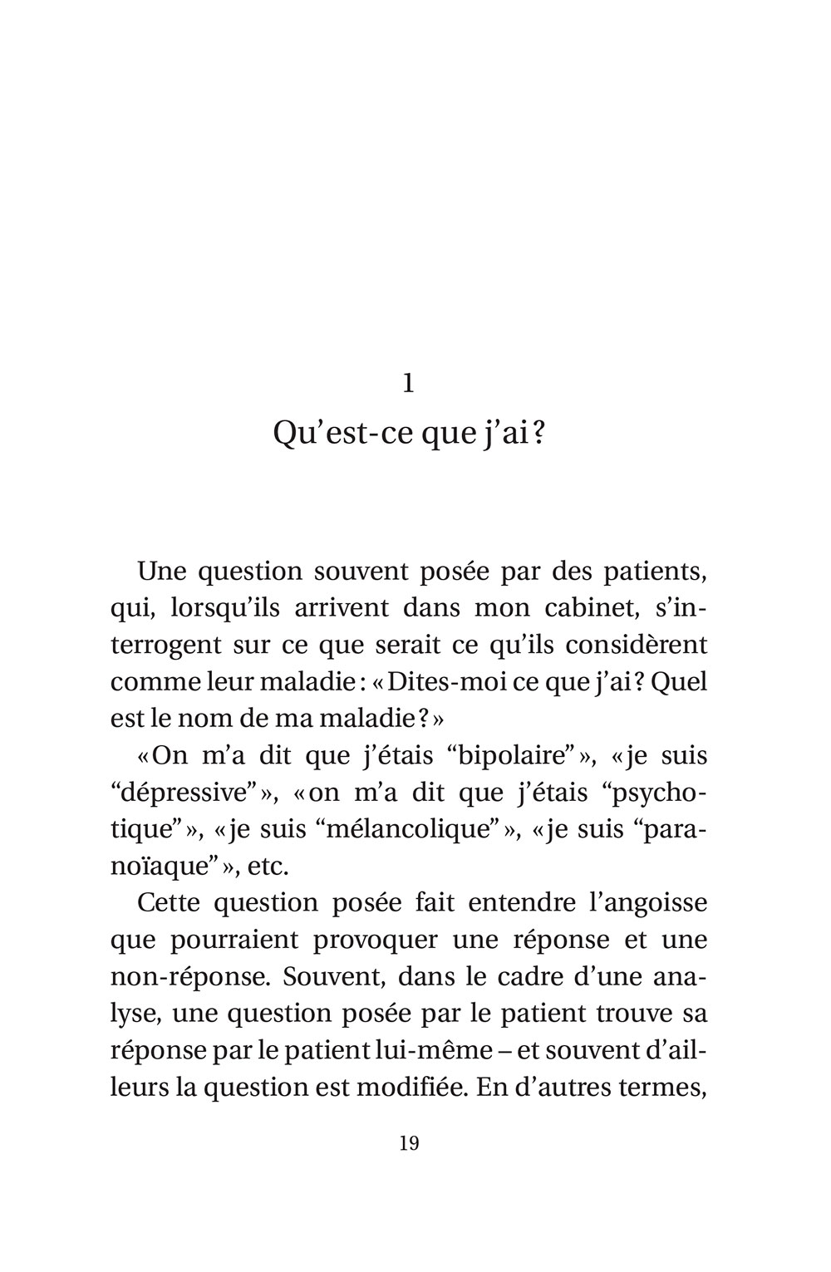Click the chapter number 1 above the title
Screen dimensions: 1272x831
click(408, 383)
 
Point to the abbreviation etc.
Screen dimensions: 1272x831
click(268, 867)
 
